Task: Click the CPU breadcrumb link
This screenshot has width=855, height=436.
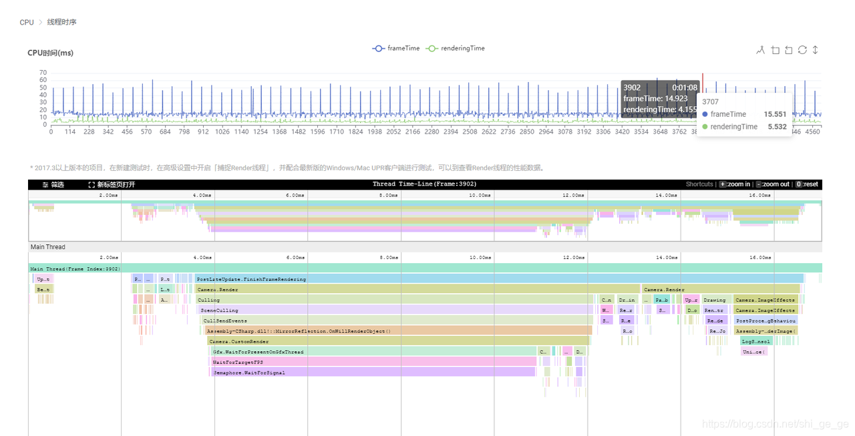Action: click(x=27, y=22)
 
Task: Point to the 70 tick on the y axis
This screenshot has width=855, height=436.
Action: click(x=43, y=73)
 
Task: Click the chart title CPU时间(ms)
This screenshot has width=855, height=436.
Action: click(x=51, y=53)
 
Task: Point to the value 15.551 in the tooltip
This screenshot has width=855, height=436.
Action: click(x=775, y=114)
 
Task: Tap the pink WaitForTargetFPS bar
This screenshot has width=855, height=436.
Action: click(x=374, y=362)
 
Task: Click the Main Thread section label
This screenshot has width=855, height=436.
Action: click(x=48, y=247)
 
